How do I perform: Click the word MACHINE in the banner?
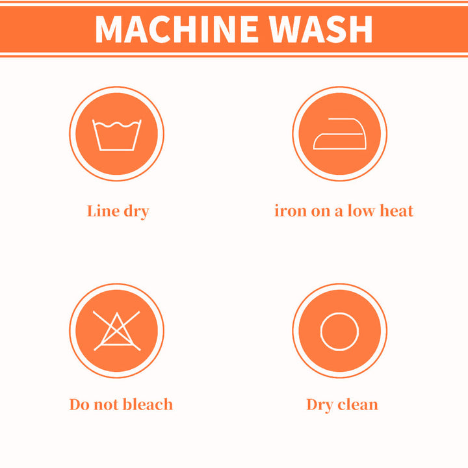click(x=177, y=29)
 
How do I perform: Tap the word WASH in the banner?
click(x=321, y=29)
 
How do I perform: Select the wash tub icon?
click(x=117, y=135)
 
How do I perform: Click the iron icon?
click(x=340, y=134)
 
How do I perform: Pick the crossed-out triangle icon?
click(x=117, y=331)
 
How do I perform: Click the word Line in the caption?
click(x=103, y=211)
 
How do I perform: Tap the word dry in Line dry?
click(x=136, y=212)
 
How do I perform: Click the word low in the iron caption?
click(x=361, y=211)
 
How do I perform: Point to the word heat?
click(x=396, y=211)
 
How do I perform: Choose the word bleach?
click(x=148, y=404)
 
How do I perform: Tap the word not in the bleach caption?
click(x=106, y=405)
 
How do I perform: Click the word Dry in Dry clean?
click(x=320, y=406)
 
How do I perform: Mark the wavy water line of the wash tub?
click(x=117, y=124)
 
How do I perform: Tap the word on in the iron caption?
click(x=320, y=212)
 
